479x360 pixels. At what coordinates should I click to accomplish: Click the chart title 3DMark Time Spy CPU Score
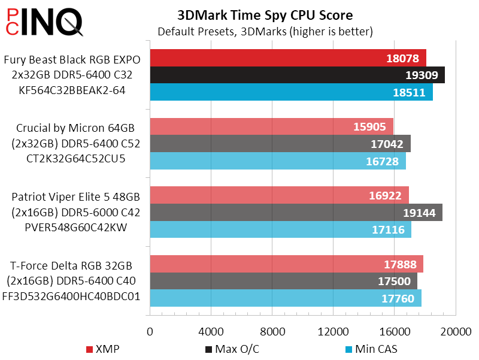[265, 15]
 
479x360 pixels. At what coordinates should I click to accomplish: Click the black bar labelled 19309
[297, 75]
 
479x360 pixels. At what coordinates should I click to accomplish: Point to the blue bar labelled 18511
[291, 92]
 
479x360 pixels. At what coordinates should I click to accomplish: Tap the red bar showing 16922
[279, 195]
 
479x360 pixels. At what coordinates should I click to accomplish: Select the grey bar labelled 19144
[296, 213]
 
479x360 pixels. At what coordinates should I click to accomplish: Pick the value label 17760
[399, 298]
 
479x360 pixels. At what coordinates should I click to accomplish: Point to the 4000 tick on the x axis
[211, 331]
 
